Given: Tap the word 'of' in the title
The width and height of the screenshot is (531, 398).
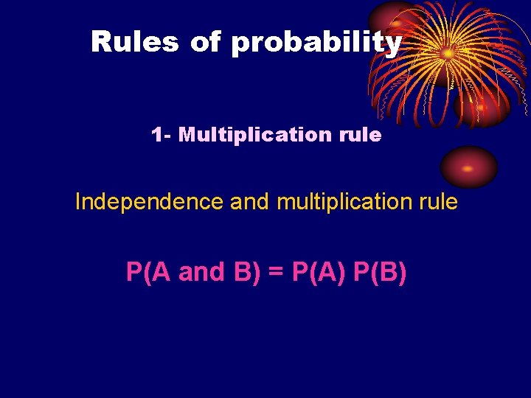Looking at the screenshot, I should tap(204, 42).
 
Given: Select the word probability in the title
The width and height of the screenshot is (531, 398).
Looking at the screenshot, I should tap(316, 43).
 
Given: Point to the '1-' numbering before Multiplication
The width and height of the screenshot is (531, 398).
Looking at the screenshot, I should tap(160, 135).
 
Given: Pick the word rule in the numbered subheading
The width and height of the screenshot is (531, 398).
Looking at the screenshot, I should tap(361, 135).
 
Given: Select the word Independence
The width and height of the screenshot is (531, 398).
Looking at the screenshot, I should tap(149, 201).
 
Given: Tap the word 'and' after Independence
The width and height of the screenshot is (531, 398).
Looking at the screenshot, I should tap(250, 201).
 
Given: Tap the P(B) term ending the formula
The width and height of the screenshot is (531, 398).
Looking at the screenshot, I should tap(380, 272).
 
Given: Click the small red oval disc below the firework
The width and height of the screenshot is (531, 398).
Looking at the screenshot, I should tap(468, 167).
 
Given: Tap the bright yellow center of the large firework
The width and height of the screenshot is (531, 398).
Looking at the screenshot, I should tap(448, 53).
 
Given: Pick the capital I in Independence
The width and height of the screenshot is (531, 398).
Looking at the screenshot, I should tap(79, 201).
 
